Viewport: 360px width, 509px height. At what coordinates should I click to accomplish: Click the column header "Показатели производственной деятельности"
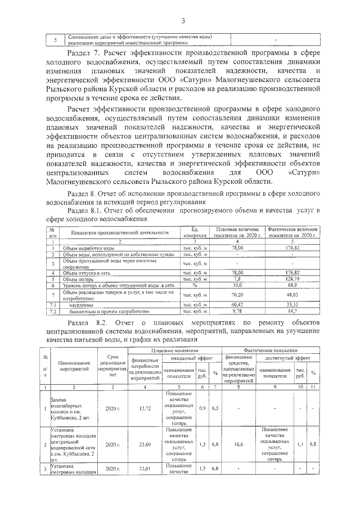pyautogui.click(x=120, y=232)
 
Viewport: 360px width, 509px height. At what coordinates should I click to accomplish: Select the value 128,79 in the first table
pyautogui.click(x=291, y=278)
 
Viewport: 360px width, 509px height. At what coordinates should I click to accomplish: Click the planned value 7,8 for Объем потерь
pyautogui.click(x=237, y=278)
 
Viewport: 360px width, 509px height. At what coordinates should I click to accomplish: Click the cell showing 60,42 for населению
pyautogui.click(x=237, y=304)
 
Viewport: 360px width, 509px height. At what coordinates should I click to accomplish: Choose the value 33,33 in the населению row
pyautogui.click(x=291, y=304)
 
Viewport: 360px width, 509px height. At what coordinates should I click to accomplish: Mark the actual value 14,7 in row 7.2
pyautogui.click(x=291, y=310)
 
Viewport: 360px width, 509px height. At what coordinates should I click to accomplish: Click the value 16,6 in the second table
pyautogui.click(x=239, y=444)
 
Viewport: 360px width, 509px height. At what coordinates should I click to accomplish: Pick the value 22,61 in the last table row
pyautogui.click(x=138, y=469)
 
